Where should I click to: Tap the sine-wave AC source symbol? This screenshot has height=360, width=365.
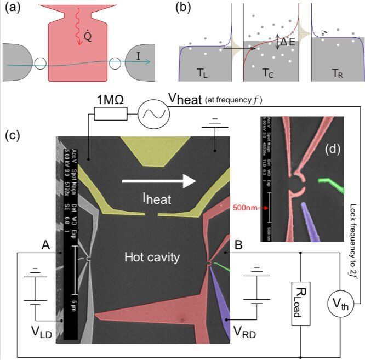(x=150, y=113)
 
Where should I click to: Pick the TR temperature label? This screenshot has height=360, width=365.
(x=336, y=72)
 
